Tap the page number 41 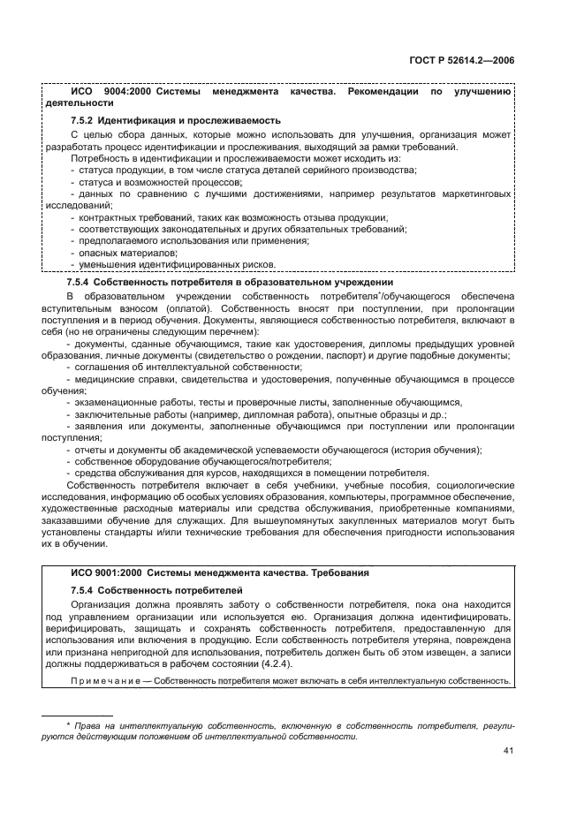tap(508, 750)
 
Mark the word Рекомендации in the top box tap(380, 91)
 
